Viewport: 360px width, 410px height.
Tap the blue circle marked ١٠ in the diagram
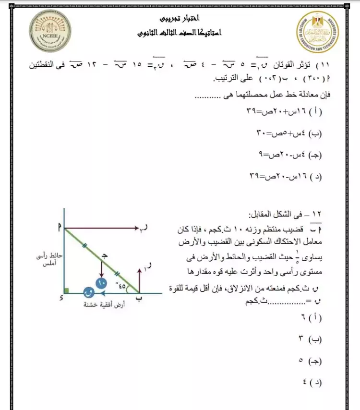click(101, 283)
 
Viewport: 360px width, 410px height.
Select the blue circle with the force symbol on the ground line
click(88, 291)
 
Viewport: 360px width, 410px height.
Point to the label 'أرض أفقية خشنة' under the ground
click(103, 304)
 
